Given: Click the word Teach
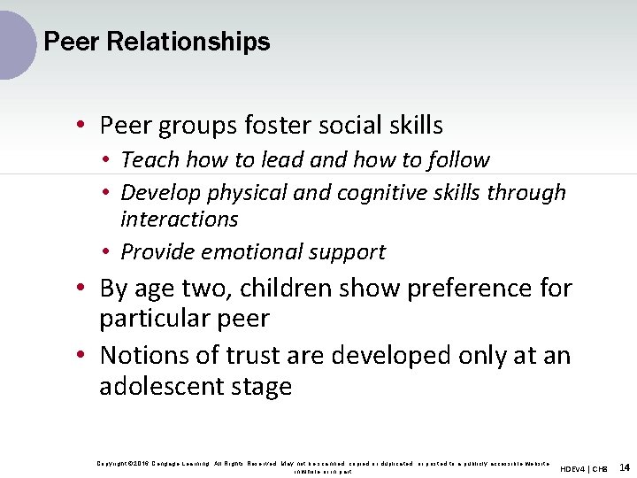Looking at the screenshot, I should pos(150,160).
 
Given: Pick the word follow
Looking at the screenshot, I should pos(459,160).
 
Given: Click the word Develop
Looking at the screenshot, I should pos(161,193).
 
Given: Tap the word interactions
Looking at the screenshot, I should pos(180,220).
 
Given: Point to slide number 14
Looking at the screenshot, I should pos(625,466).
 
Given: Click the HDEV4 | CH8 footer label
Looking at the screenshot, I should pos(584,468).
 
